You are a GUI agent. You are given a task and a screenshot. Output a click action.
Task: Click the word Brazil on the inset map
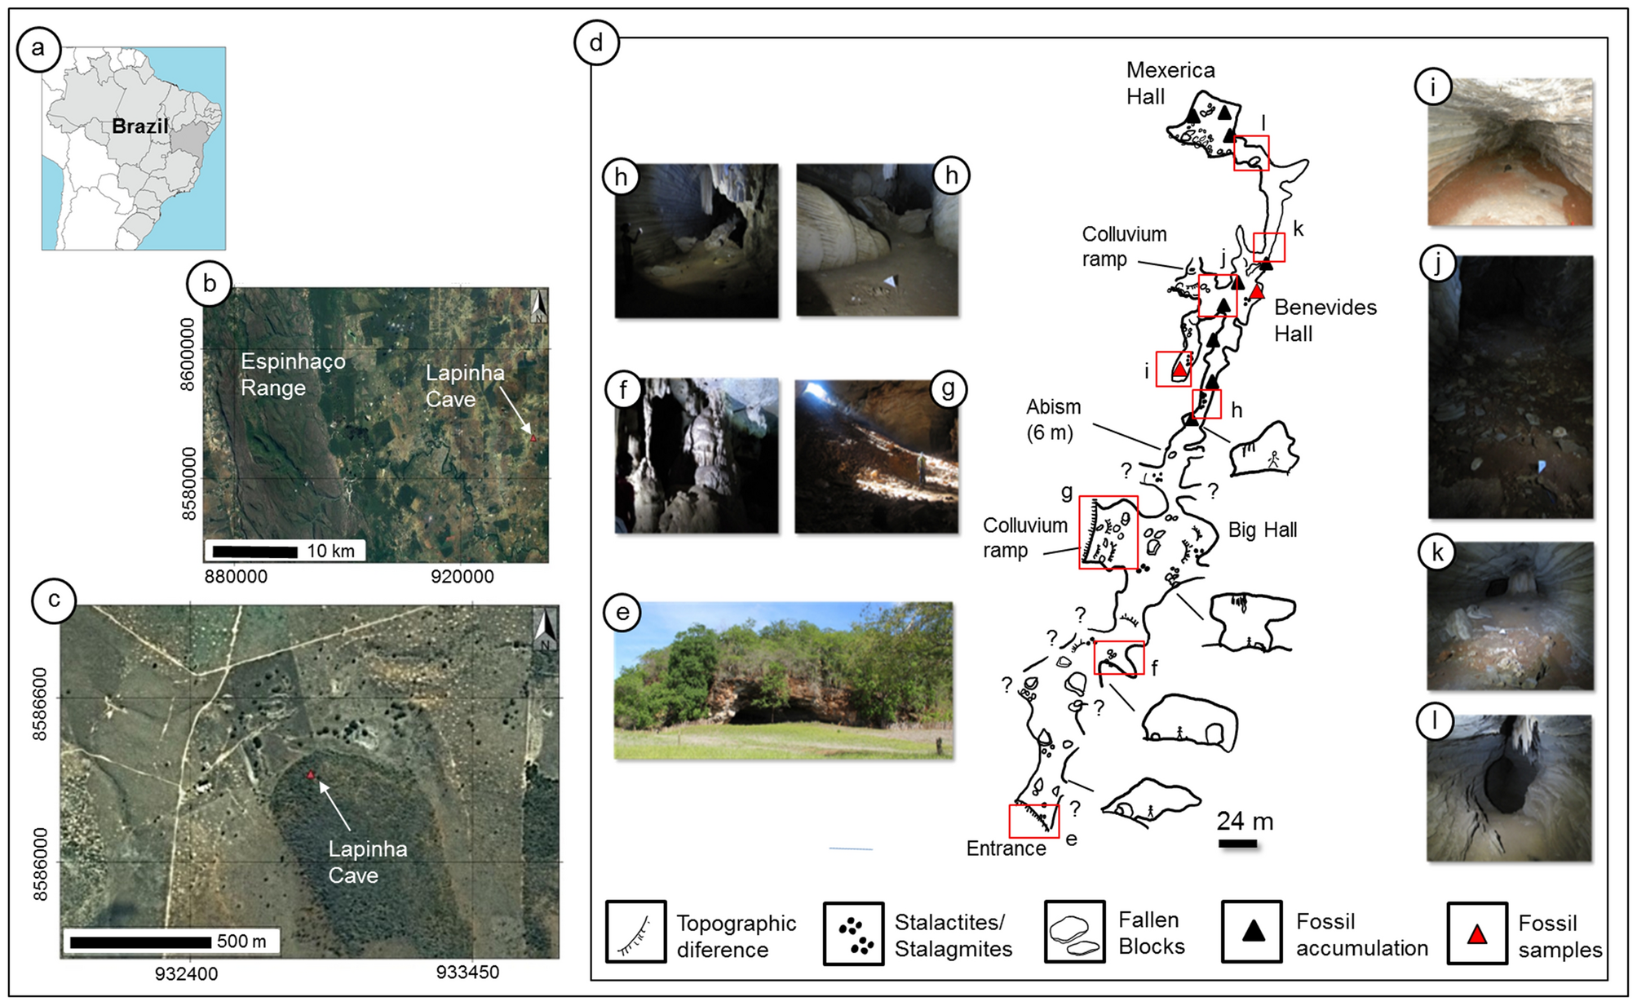tap(139, 126)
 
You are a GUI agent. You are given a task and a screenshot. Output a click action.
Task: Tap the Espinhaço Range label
tap(292, 374)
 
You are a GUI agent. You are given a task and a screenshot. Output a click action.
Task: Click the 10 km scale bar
tap(254, 552)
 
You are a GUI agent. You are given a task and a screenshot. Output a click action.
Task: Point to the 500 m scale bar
tap(140, 942)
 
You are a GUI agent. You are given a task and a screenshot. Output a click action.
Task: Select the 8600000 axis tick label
tap(188, 354)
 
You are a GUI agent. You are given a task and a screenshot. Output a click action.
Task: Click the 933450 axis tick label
tap(467, 973)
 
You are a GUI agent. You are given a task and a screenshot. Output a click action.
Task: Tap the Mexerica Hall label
tap(1170, 83)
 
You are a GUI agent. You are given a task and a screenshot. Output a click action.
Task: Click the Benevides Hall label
tap(1325, 321)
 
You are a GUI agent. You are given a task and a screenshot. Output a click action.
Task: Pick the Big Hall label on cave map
tap(1262, 530)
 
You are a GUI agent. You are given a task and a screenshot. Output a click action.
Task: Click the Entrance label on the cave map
tap(1006, 849)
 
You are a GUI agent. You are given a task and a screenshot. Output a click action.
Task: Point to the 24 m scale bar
tap(1237, 843)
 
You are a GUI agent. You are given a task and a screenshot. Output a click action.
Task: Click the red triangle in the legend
tap(1476, 934)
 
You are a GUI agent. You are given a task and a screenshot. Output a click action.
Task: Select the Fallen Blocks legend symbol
tap(1074, 933)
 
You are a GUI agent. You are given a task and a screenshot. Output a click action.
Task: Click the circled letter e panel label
tap(623, 612)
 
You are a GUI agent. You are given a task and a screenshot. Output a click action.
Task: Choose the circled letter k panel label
tap(1436, 552)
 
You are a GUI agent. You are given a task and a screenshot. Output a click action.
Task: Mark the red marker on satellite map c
tap(311, 774)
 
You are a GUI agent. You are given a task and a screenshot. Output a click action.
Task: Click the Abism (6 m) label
tap(1053, 419)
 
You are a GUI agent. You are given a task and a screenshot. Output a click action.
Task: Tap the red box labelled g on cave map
tap(1108, 532)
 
